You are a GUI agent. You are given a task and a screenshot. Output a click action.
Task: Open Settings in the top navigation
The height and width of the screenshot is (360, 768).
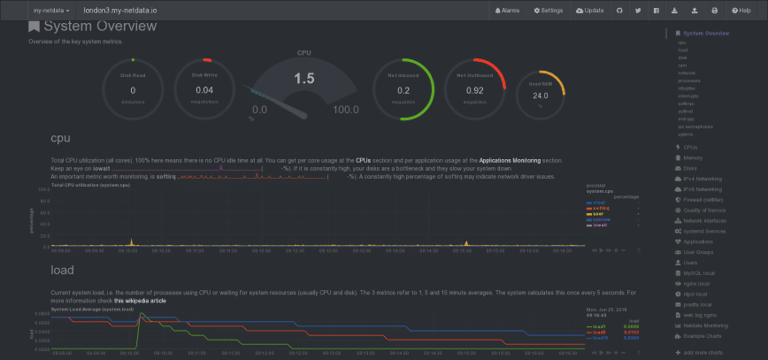click(x=549, y=10)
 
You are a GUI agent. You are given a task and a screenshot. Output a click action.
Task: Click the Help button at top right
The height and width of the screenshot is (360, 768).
click(x=741, y=10)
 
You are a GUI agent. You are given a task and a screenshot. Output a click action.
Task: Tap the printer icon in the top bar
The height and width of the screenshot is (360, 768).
click(x=714, y=10)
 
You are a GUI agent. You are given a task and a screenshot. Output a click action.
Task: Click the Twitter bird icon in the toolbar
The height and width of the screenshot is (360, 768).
click(x=637, y=10)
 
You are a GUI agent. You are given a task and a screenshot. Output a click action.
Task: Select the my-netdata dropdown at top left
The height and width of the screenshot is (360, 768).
click(x=51, y=10)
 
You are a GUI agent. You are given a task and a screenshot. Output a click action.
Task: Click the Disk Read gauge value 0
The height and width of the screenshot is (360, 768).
click(x=133, y=89)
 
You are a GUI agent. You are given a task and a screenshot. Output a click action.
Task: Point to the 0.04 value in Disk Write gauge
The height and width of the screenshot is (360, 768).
click(x=204, y=89)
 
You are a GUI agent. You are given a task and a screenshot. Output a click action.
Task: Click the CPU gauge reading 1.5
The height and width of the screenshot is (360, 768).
click(x=304, y=80)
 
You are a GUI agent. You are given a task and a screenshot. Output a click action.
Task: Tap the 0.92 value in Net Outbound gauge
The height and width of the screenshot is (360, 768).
click(x=475, y=89)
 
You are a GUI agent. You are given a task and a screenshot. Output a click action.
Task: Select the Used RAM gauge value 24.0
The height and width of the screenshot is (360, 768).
click(x=541, y=96)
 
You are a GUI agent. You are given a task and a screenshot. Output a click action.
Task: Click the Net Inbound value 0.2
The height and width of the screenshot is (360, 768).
click(x=403, y=89)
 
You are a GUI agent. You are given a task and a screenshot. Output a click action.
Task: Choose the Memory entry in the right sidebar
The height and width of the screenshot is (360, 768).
click(x=693, y=157)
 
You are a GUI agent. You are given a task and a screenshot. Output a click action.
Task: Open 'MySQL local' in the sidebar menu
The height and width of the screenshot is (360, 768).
click(x=699, y=272)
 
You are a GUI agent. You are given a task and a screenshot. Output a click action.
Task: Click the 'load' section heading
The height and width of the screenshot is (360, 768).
click(x=63, y=271)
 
